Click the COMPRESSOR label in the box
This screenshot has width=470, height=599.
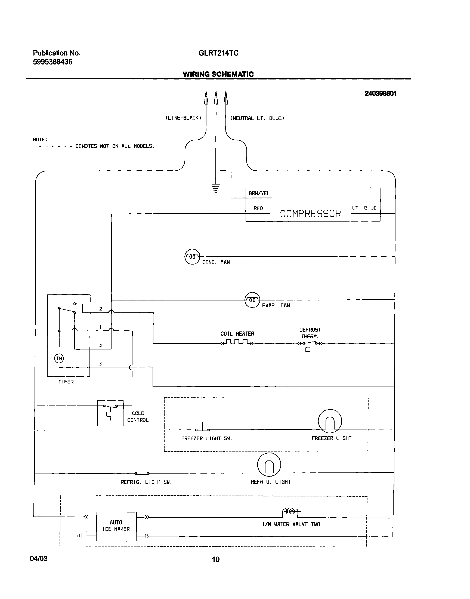click(310, 214)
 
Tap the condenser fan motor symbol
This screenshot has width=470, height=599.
click(192, 257)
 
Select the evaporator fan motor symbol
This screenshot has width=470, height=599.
click(252, 300)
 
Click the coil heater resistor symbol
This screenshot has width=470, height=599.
click(237, 342)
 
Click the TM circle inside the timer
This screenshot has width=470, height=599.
click(59, 358)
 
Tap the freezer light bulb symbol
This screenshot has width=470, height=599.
click(330, 422)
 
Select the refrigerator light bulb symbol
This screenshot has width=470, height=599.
click(269, 465)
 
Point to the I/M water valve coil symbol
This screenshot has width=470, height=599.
click(290, 511)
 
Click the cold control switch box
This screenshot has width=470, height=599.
click(110, 413)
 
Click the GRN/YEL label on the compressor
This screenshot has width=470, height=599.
click(259, 193)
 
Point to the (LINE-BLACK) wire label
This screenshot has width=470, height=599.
click(183, 118)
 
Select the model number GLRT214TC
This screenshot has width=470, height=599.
click(218, 53)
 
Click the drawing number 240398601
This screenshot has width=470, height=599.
click(380, 93)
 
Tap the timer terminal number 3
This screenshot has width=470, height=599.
click(100, 364)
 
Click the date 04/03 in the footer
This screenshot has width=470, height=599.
click(39, 559)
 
